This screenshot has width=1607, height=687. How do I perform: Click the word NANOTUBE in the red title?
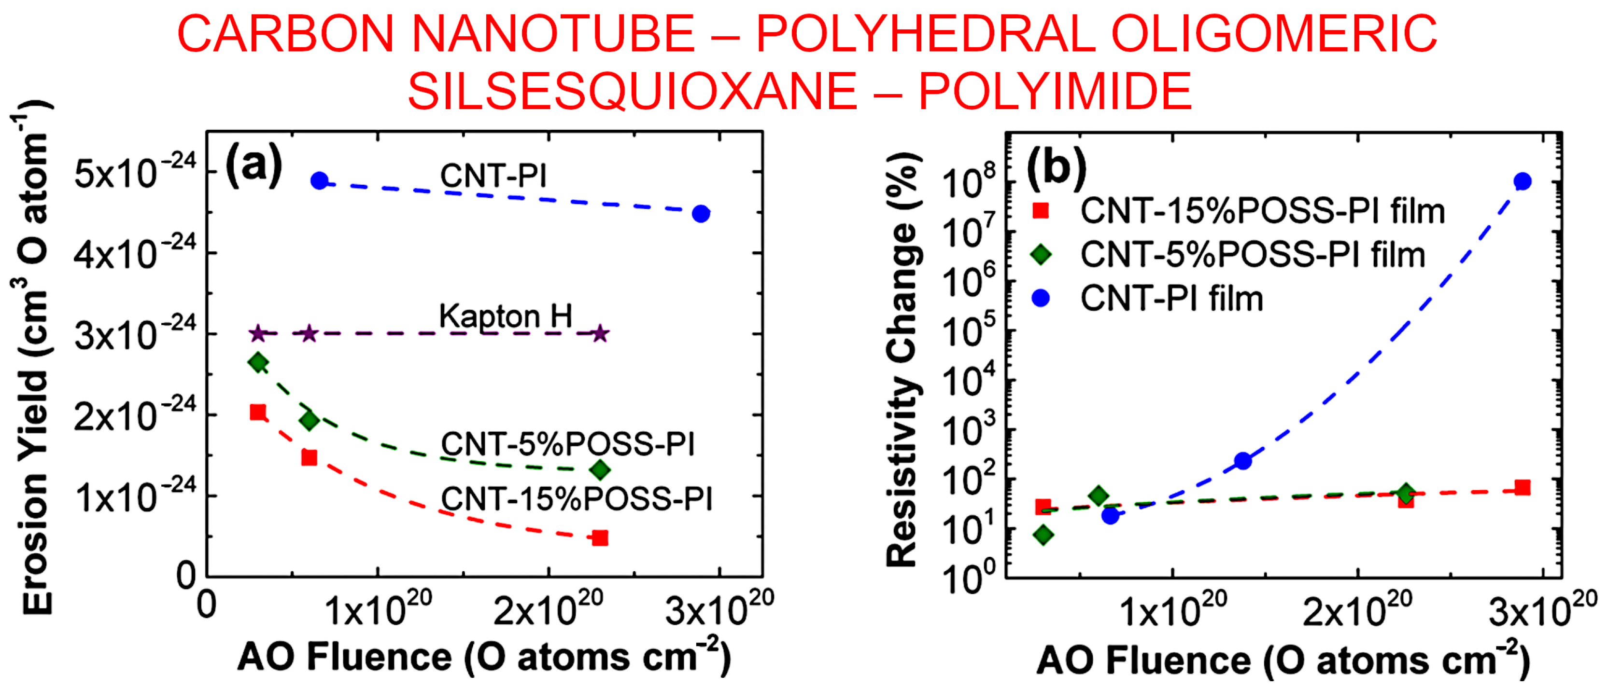tap(553, 34)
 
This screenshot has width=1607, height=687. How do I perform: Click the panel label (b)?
tap(1056, 166)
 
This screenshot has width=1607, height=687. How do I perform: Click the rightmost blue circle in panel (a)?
tap(701, 213)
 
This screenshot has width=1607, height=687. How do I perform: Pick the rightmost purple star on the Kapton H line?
tap(600, 333)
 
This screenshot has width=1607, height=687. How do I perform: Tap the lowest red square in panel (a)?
tap(600, 537)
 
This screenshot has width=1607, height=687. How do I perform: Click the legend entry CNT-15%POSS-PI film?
tap(1262, 211)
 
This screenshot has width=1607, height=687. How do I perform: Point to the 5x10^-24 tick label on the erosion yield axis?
tap(135, 173)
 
